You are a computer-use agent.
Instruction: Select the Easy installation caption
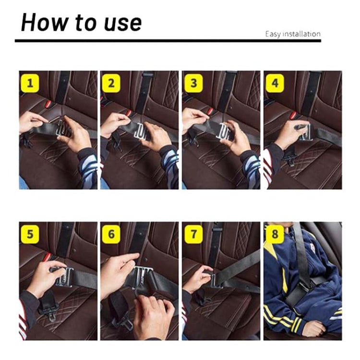click(293, 34)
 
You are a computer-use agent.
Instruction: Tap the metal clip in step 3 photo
click(225, 131)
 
